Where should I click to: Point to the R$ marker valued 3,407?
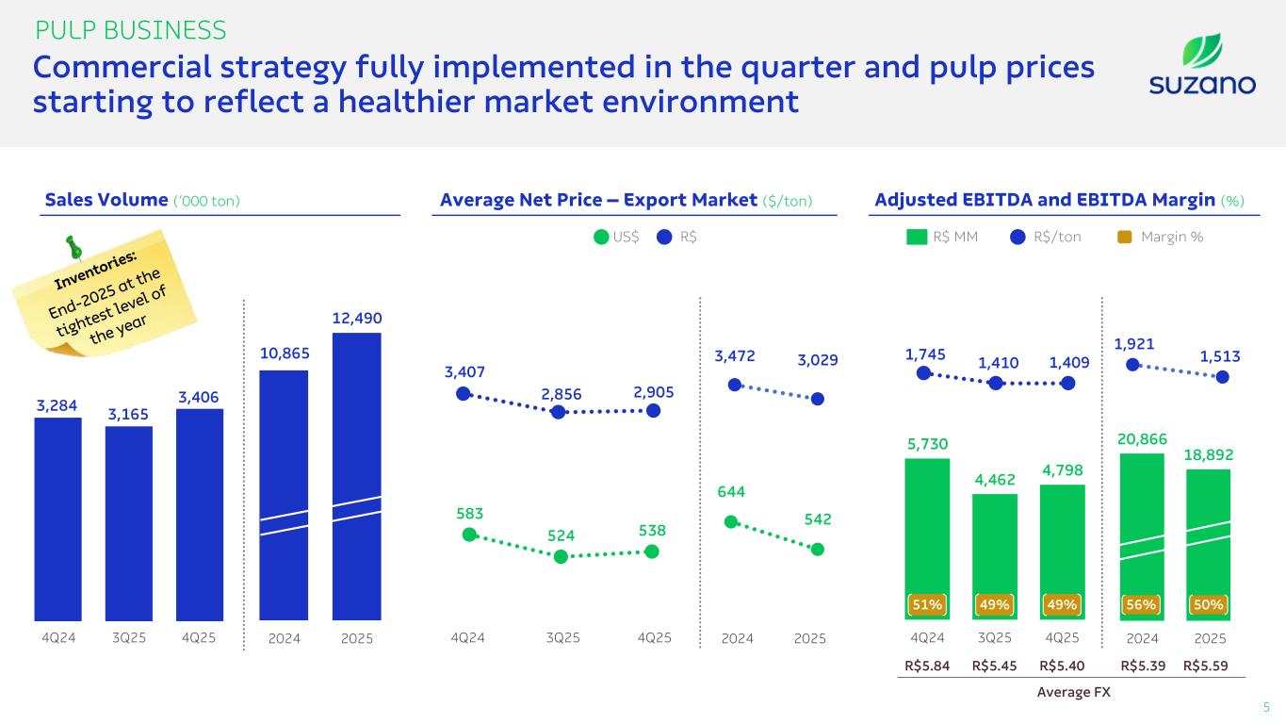(x=463, y=393)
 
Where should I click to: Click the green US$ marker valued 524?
(x=561, y=556)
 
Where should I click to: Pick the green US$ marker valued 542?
(x=817, y=549)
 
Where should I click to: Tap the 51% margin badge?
(x=927, y=603)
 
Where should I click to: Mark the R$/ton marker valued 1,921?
(x=1133, y=365)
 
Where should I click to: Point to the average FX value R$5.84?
(x=927, y=665)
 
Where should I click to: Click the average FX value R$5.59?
(x=1210, y=665)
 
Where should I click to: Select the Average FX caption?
(x=1073, y=693)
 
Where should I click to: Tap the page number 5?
(x=1266, y=706)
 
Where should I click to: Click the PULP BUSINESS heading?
(x=130, y=30)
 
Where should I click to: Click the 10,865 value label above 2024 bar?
(x=284, y=353)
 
